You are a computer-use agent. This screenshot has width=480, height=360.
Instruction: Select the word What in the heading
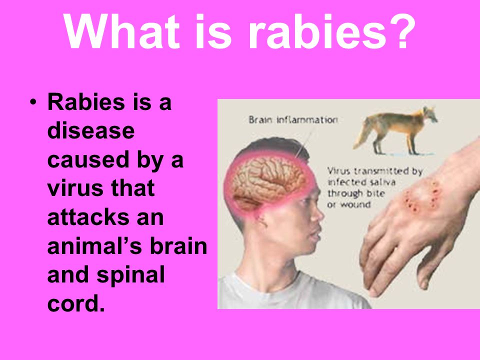point(121,31)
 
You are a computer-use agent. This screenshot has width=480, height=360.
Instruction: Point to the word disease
point(91,130)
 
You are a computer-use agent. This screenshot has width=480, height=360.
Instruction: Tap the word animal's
point(95,246)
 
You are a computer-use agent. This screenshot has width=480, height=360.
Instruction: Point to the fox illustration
point(394,130)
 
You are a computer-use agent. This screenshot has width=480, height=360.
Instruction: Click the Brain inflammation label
point(293,119)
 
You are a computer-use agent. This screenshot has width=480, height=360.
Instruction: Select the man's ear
point(259,219)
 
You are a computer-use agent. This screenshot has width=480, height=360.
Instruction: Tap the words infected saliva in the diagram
point(361,182)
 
